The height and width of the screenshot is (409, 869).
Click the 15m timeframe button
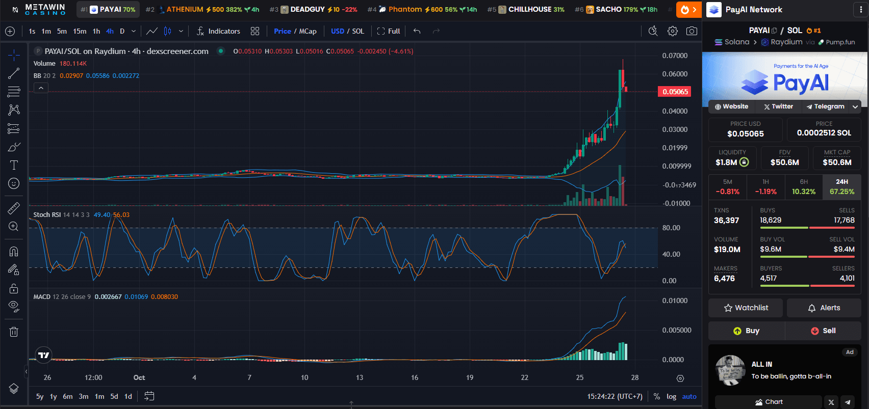pos(80,31)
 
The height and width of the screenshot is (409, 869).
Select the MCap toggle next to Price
pos(308,31)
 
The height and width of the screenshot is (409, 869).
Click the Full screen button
pos(389,31)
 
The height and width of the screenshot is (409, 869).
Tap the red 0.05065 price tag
pos(675,92)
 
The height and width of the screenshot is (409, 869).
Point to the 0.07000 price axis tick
pos(675,56)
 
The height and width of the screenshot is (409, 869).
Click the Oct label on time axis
pos(139,377)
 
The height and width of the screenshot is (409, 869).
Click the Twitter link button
pos(778,106)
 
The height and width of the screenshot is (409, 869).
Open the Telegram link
pos(825,106)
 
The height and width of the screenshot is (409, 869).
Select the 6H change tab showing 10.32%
pos(803,187)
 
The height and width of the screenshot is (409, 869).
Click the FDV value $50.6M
pos(784,162)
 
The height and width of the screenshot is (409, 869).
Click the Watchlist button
pos(746,308)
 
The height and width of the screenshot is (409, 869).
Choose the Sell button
pos(823,331)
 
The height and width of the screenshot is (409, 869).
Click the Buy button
pos(746,331)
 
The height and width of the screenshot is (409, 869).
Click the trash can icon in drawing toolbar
pos(14,332)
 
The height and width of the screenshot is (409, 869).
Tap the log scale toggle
pos(671,396)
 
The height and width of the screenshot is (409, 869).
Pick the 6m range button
pos(68,396)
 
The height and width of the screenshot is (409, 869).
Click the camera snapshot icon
pos(692,31)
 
